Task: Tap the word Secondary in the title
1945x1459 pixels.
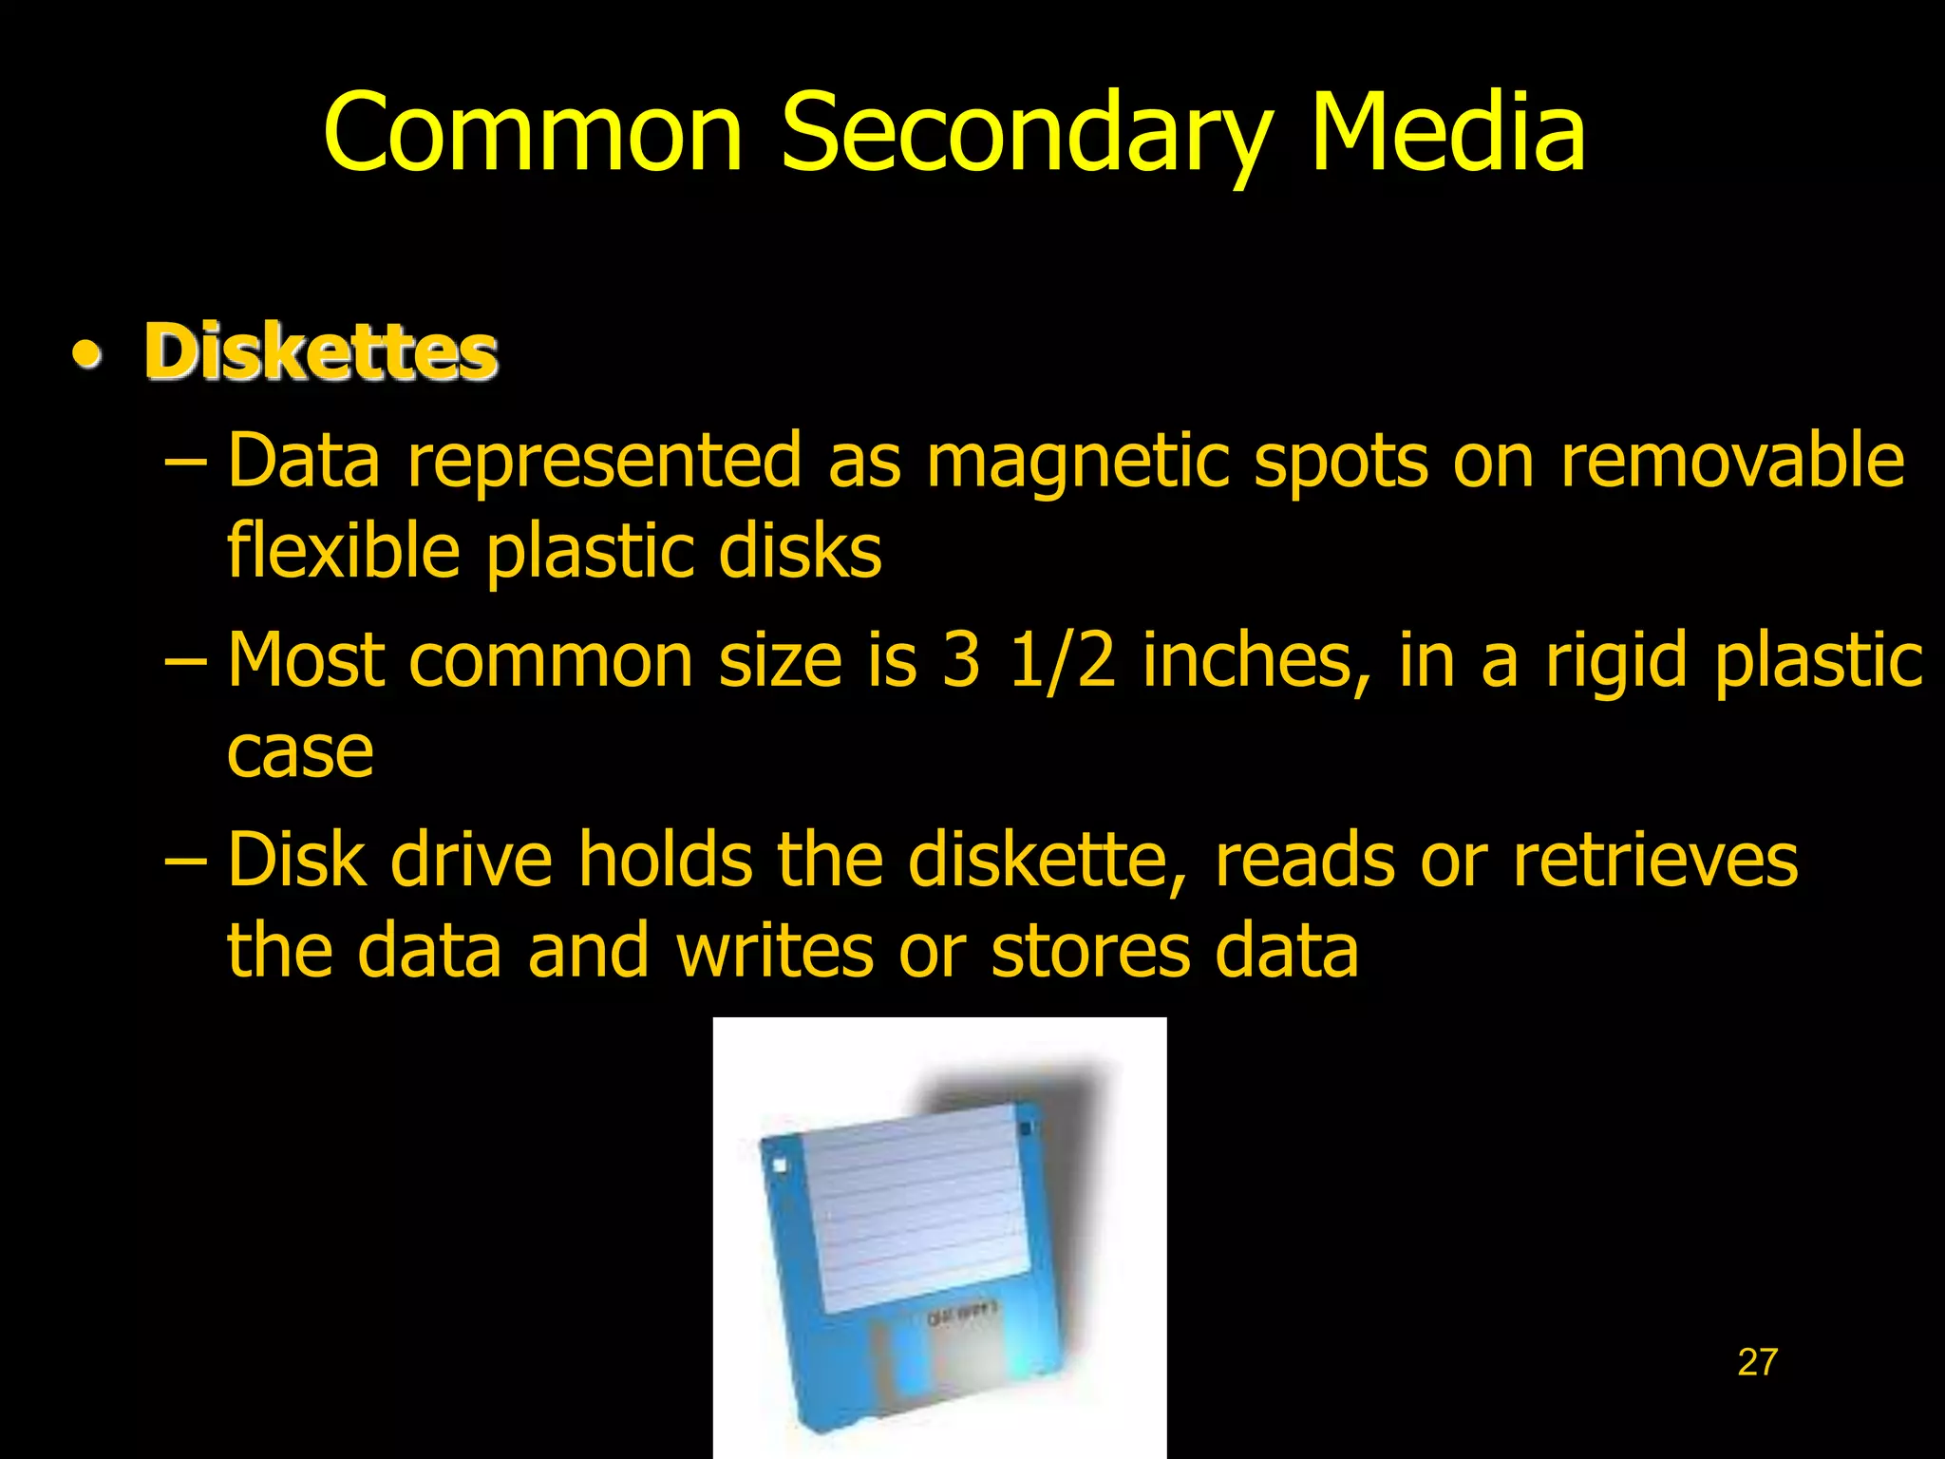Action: [x=1026, y=138]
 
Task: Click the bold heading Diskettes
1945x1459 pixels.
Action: [x=321, y=352]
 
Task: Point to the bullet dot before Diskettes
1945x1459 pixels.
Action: [x=87, y=355]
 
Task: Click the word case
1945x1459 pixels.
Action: [x=300, y=752]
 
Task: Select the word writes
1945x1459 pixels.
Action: [x=774, y=951]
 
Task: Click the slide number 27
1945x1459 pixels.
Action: [x=1757, y=1362]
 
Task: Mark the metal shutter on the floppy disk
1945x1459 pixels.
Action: [x=959, y=1368]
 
